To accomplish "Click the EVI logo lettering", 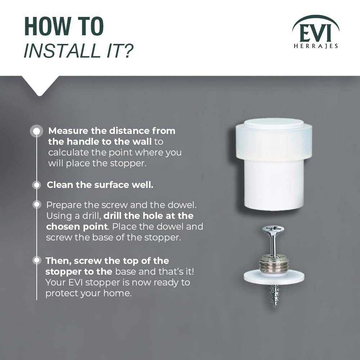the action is click(315, 33).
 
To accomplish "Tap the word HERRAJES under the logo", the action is click(316, 46).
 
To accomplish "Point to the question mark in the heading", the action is click(127, 50).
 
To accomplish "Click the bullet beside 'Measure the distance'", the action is click(36, 131).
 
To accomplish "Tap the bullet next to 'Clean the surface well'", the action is click(36, 185).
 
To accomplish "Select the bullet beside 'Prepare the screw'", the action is click(37, 204).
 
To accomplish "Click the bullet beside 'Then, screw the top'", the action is click(37, 260).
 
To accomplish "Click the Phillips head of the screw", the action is click(273, 229).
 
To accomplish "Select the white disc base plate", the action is click(274, 277).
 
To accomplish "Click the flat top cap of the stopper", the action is click(274, 123).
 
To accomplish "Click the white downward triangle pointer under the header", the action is click(40, 85).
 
